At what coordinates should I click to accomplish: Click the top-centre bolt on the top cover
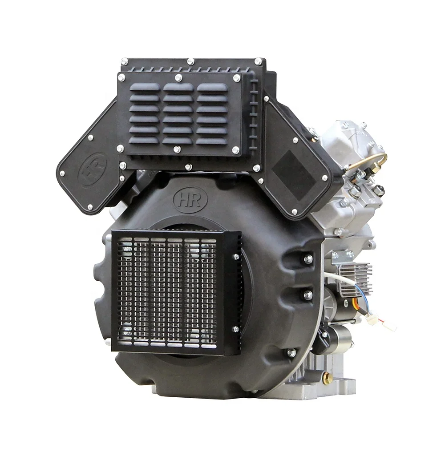tap(190, 61)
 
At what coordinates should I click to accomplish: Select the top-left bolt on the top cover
tap(125, 61)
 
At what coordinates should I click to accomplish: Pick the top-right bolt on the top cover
tap(258, 61)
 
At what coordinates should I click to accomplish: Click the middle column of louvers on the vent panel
tap(178, 113)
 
